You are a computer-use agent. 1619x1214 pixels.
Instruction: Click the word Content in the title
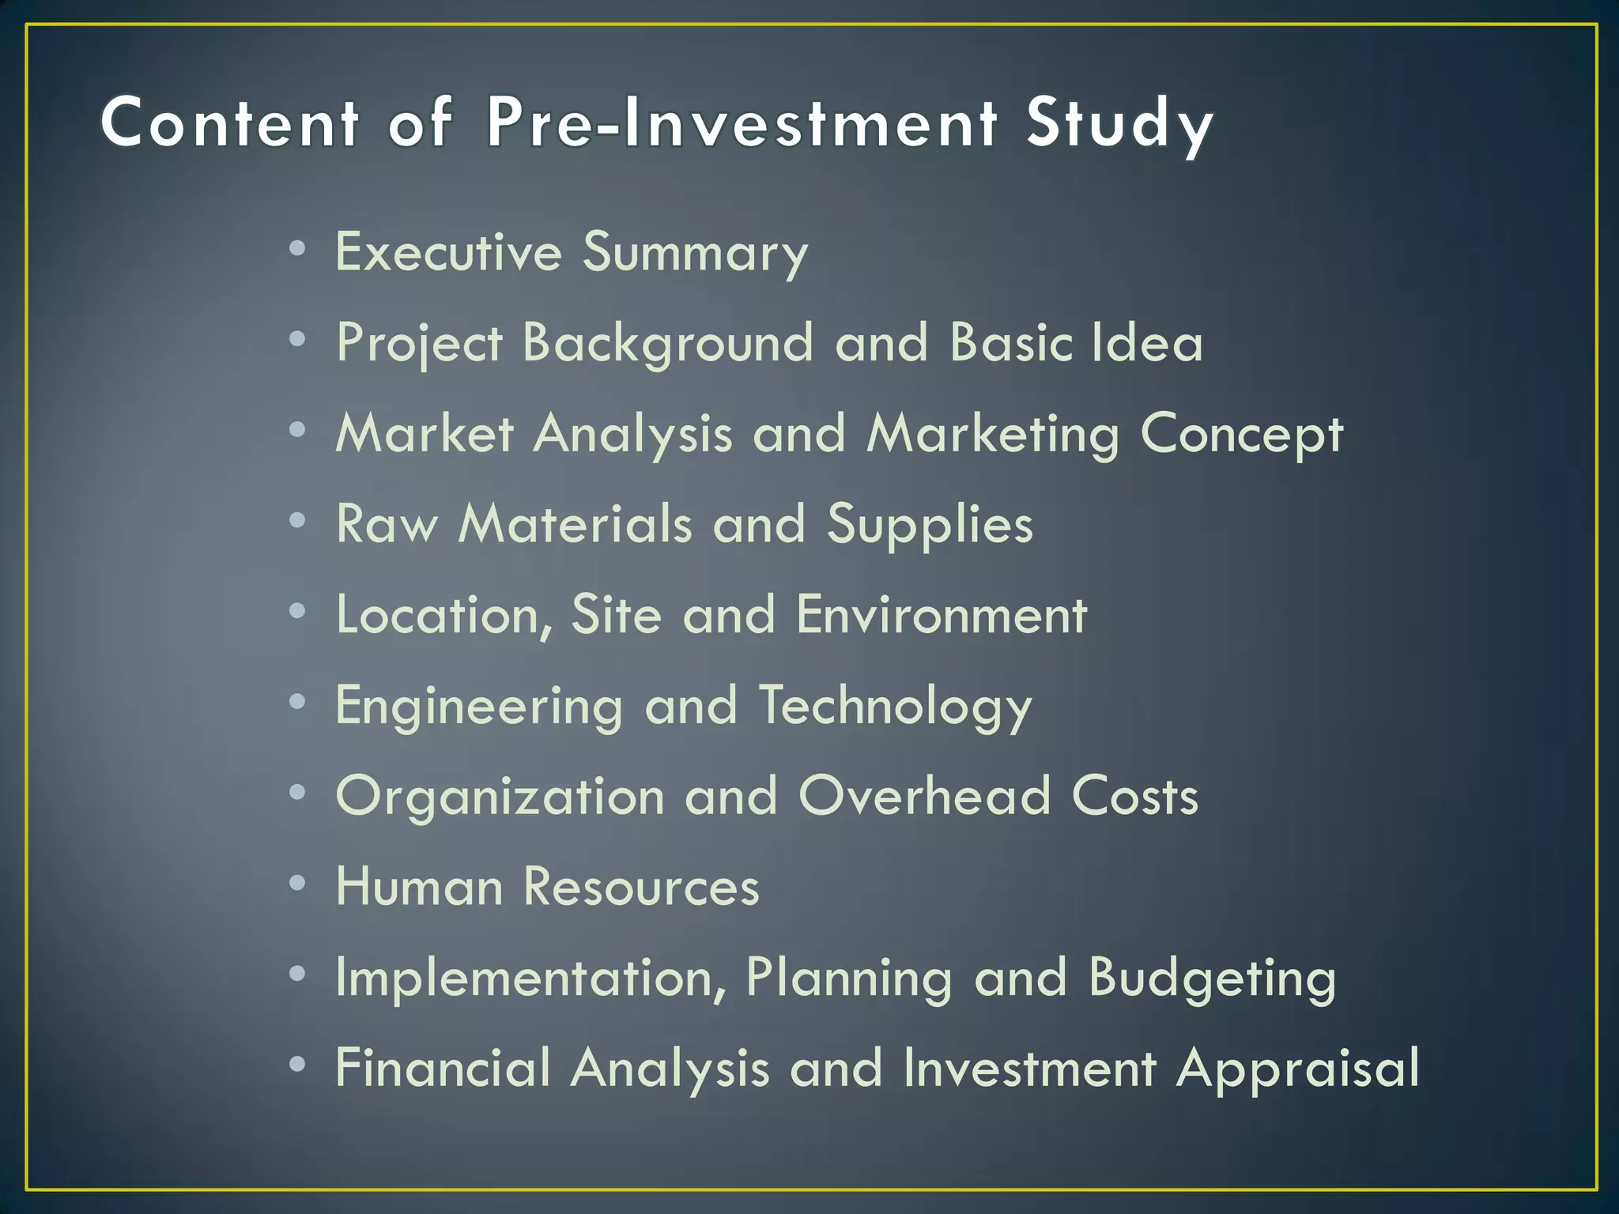(x=230, y=123)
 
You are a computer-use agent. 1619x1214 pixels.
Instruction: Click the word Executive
(x=448, y=252)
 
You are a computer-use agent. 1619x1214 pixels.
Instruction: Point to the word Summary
(x=695, y=254)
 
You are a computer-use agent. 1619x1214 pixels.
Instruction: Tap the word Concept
(x=1241, y=435)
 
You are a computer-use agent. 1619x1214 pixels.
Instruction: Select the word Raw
(x=387, y=524)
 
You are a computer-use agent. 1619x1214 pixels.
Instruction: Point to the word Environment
(x=942, y=615)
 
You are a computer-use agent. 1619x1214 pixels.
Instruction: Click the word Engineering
(x=479, y=707)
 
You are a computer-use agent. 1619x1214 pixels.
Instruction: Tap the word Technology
(x=896, y=707)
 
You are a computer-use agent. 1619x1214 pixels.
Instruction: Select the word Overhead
(x=924, y=796)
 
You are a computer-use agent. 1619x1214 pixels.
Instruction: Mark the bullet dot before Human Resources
(x=297, y=883)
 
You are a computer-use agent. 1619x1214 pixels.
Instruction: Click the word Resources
(x=641, y=887)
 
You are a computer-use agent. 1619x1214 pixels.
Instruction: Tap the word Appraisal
(x=1297, y=1069)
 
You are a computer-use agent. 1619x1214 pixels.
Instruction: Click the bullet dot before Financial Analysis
(x=297, y=1065)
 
